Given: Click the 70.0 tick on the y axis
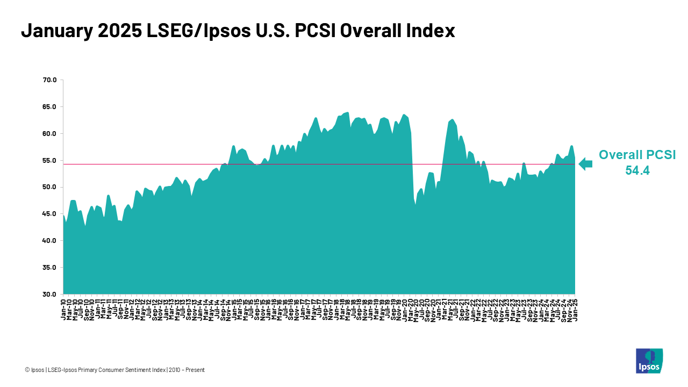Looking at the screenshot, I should (x=49, y=80).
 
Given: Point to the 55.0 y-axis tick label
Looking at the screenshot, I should (x=49, y=160).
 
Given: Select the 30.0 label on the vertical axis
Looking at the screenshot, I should (x=49, y=295).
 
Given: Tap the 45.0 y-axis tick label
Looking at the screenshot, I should (x=49, y=214).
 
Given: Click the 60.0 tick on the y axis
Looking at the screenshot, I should (x=49, y=134).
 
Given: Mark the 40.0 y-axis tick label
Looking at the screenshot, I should (x=49, y=241).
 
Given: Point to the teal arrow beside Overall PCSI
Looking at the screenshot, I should (x=585, y=164).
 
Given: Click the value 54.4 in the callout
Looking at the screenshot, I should (x=637, y=171).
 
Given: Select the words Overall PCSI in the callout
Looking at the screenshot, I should (x=637, y=155).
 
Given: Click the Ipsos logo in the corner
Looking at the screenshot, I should (x=649, y=361).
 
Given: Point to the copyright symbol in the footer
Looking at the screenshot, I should (x=27, y=370).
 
